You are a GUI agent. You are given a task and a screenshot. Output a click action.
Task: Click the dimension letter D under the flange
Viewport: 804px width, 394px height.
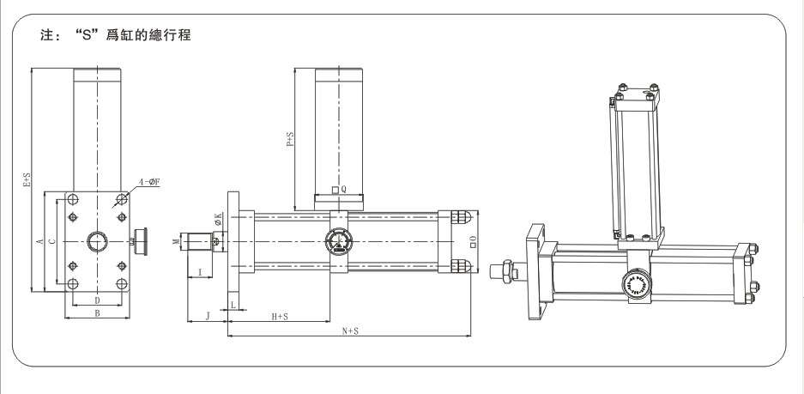pos(97,300)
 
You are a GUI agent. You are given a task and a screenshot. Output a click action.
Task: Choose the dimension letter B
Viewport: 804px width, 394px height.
pos(97,314)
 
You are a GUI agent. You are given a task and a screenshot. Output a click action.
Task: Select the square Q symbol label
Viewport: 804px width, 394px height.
pos(339,191)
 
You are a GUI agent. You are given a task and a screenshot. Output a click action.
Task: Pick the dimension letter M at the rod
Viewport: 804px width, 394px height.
pos(176,242)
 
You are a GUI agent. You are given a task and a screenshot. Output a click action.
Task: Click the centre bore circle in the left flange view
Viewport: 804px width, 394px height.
pos(97,242)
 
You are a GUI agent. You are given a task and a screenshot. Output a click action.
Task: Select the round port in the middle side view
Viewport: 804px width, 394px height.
pos(336,242)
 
